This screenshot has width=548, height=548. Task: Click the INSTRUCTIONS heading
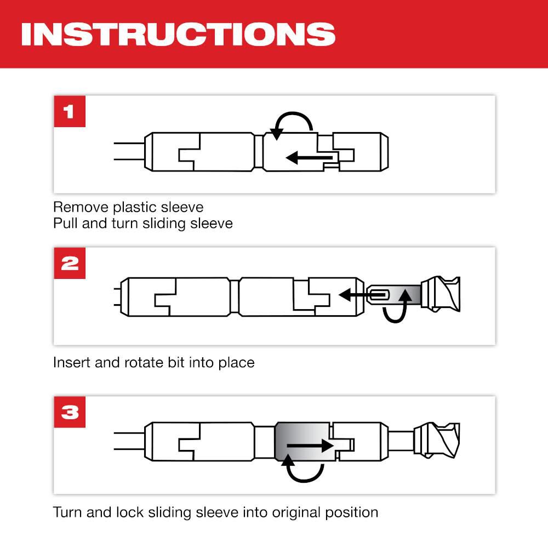pos(178,34)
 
